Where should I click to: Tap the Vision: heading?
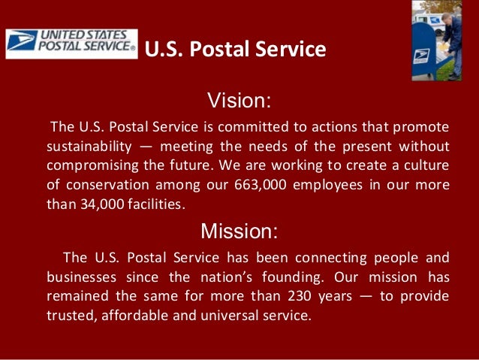pos(239,100)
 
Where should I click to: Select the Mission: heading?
pos(239,230)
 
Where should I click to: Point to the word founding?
pos(333,276)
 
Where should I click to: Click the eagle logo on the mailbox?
pos(423,55)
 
